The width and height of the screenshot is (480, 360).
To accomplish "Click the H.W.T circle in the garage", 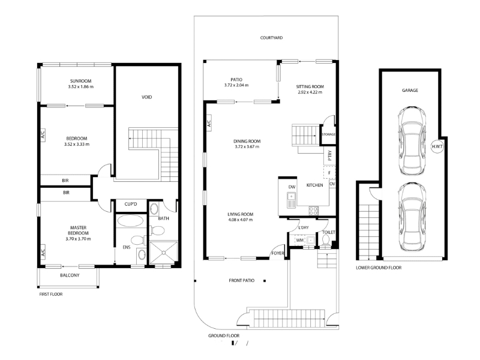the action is coord(437,146).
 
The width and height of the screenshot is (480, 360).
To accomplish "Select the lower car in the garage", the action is coord(412,217).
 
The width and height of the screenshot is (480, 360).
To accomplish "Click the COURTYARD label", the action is coord(271,38).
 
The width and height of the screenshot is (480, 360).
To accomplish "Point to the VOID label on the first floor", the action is coord(146,97).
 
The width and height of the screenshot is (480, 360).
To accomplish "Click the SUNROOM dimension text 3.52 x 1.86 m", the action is coord(81,86).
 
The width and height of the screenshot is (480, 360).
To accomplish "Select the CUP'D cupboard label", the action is coord(131,204).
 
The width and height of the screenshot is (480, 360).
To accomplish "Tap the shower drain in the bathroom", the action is coord(164,253).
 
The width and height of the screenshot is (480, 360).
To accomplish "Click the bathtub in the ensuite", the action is coord(130,221).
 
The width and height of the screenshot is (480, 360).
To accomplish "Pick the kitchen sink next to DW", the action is coord(292,200).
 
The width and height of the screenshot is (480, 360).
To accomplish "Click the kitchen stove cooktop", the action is coord(313,211).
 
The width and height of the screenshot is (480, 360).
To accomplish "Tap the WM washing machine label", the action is coord(299,241).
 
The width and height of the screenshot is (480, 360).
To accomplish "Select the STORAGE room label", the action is coord(328,134).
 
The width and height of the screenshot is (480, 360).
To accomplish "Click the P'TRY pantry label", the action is coord(329,155).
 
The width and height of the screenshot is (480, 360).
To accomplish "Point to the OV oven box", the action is coord(332,184).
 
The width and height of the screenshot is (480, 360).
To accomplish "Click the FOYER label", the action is coord(278,253).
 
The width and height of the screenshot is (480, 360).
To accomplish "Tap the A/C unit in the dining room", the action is coord(209,123).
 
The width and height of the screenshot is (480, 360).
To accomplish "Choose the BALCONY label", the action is coord(70,275).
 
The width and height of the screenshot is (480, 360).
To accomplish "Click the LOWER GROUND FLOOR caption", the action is coord(379,268).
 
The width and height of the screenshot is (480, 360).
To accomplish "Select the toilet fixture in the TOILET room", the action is coord(326,241).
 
